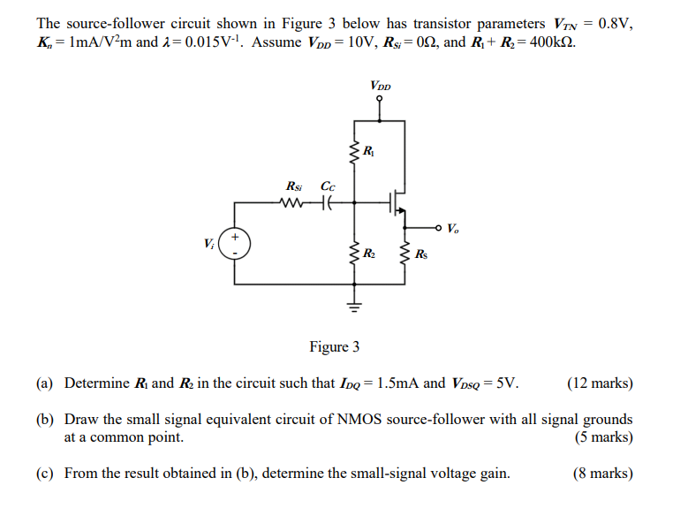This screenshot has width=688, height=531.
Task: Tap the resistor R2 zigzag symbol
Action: [355, 255]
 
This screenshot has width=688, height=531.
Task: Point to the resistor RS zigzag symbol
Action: [405, 256]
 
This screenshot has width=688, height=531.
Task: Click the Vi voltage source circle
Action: [235, 243]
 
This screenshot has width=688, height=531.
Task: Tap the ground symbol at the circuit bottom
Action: [355, 307]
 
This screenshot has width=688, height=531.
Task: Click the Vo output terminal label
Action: [453, 229]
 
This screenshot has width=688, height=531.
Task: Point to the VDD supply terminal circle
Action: [381, 100]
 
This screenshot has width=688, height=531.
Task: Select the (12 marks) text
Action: [600, 383]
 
